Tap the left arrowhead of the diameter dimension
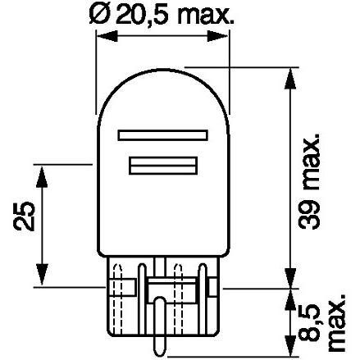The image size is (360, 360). click(102, 36)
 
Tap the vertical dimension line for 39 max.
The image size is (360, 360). click(289, 180)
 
